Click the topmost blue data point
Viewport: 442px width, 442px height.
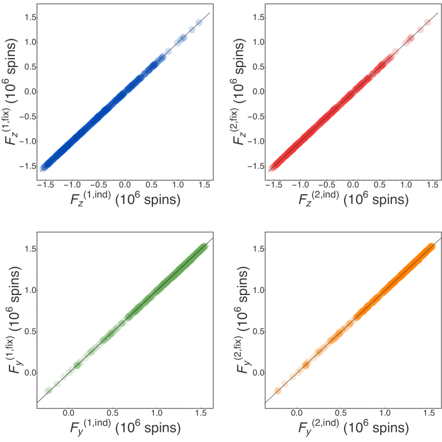[x=199, y=22]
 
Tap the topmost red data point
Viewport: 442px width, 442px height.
[x=428, y=22]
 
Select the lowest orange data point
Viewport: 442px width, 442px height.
[x=277, y=390]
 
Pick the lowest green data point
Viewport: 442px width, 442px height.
[x=48, y=390]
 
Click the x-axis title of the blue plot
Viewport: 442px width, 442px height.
[x=125, y=200]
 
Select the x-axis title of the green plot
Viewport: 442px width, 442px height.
[x=125, y=427]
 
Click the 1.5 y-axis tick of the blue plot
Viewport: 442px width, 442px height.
[x=30, y=18]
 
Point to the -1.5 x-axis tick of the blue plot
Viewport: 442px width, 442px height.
[x=45, y=185]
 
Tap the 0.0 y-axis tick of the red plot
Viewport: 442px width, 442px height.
[x=258, y=92]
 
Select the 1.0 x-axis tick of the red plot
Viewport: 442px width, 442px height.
[x=407, y=185]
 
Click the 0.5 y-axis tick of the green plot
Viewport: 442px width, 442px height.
[x=30, y=331]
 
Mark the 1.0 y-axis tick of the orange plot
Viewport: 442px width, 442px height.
[x=258, y=290]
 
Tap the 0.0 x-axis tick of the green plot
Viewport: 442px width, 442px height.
[x=68, y=413]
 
